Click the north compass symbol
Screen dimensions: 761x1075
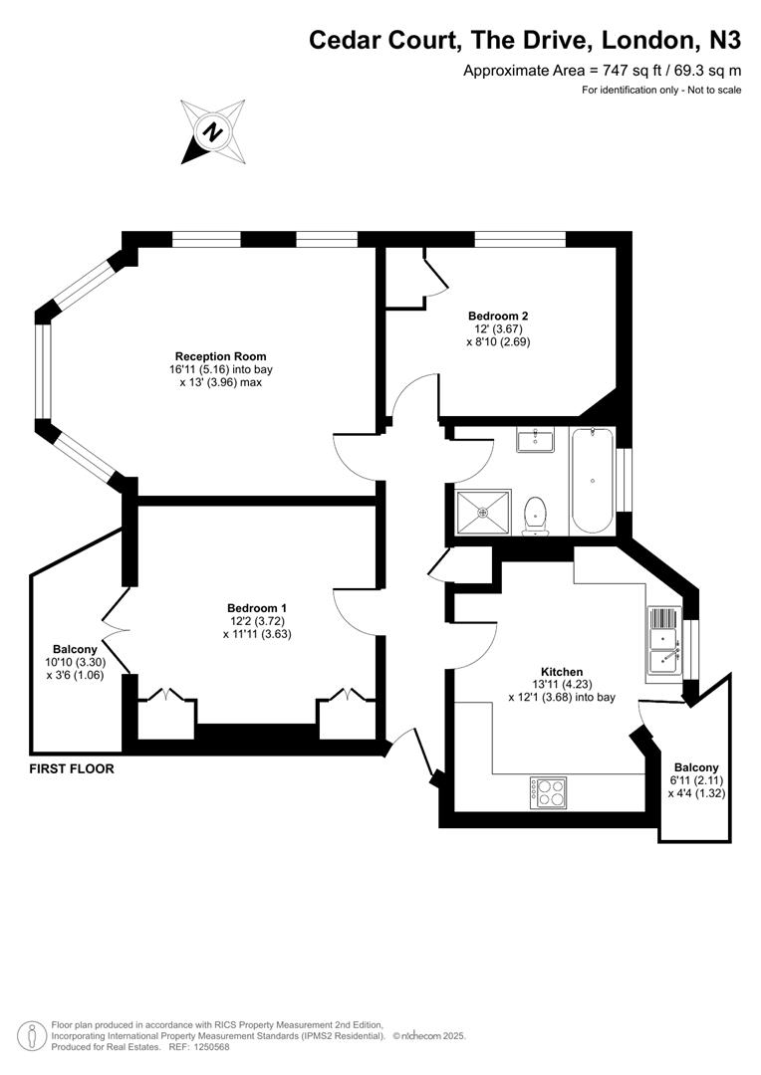(213, 131)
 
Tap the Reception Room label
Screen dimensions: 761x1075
(220, 356)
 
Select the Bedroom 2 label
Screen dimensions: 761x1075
(498, 317)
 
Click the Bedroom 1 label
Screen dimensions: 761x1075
(257, 608)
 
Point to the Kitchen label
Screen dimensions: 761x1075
(562, 672)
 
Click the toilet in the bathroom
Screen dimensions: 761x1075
(534, 516)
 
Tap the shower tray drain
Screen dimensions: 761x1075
(483, 512)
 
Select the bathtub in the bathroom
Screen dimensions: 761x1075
(593, 481)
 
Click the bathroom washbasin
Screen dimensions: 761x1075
(535, 440)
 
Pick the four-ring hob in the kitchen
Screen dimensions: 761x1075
(549, 792)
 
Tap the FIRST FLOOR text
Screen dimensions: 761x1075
(72, 768)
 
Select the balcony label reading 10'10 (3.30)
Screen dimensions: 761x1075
(75, 662)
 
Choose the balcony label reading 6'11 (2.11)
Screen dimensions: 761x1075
(696, 780)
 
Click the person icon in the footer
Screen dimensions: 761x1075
(28, 1036)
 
